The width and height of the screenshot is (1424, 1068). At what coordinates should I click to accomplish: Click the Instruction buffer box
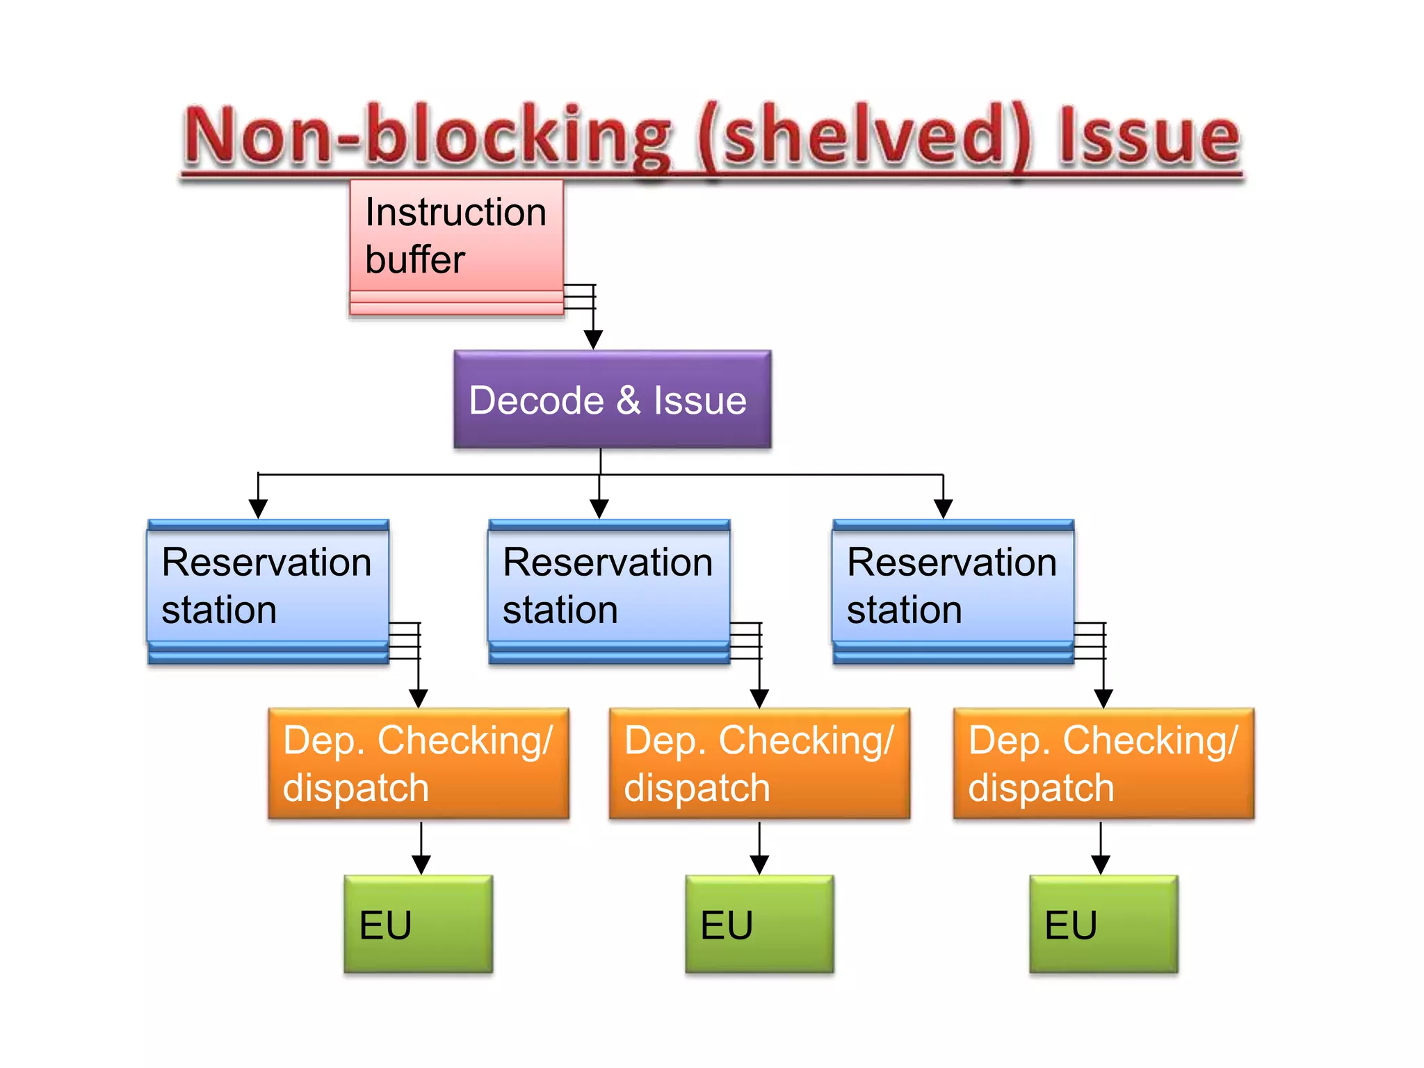point(456,236)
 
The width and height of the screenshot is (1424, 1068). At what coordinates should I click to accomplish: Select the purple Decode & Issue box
point(612,400)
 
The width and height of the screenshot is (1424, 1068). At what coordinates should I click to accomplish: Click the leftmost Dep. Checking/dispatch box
point(418,763)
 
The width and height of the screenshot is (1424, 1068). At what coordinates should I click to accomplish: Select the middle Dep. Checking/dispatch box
point(759,763)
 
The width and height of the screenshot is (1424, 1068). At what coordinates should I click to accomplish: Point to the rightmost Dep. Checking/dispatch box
point(1103,763)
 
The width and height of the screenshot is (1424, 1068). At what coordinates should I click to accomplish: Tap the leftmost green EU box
point(418,924)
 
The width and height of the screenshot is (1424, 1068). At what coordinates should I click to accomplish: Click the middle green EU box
point(759,924)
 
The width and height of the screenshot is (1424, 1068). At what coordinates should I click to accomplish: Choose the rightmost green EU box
point(1103,924)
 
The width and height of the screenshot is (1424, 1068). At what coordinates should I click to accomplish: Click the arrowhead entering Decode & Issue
point(593,340)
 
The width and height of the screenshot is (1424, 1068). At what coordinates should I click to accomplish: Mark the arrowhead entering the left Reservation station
point(258,509)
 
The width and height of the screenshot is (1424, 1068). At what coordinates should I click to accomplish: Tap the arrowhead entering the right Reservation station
point(943,509)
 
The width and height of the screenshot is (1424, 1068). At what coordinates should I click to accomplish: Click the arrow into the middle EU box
point(759,864)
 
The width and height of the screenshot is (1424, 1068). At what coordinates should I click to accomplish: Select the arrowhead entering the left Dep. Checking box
point(418,698)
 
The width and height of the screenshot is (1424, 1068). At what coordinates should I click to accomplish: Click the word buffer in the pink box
point(414,260)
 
